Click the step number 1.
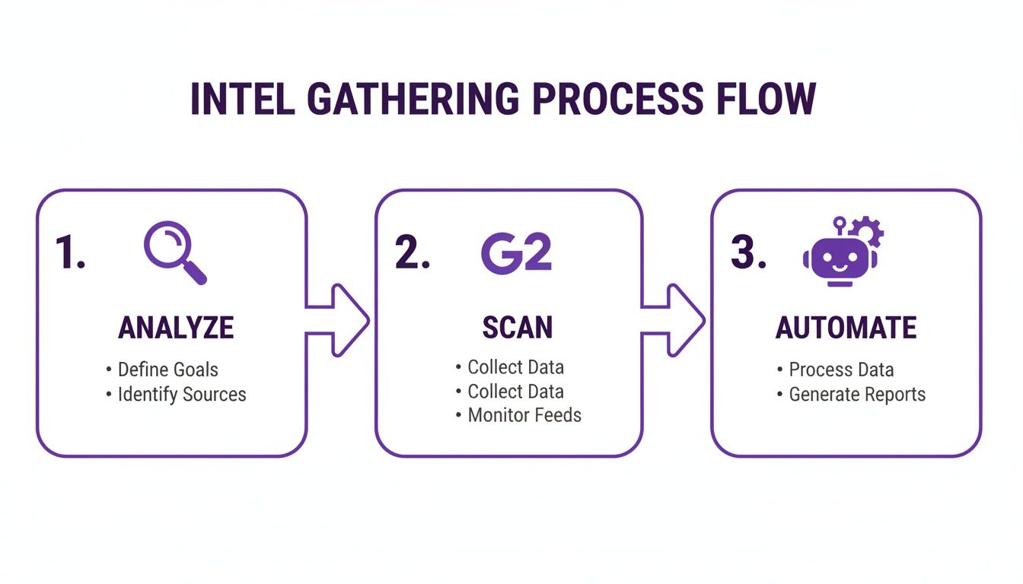click(69, 252)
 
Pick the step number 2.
click(412, 252)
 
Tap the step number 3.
click(748, 252)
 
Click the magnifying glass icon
click(174, 252)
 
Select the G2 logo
click(516, 253)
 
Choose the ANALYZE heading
click(176, 328)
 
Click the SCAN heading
click(517, 328)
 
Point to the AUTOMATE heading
click(846, 328)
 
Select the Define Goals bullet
click(167, 370)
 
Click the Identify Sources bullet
click(181, 395)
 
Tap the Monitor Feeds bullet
click(524, 415)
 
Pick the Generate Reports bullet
click(856, 395)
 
